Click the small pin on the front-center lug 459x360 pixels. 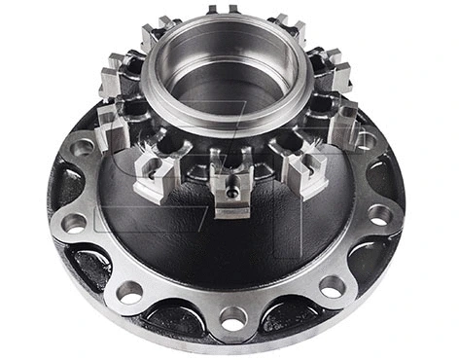click(x=231, y=192)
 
